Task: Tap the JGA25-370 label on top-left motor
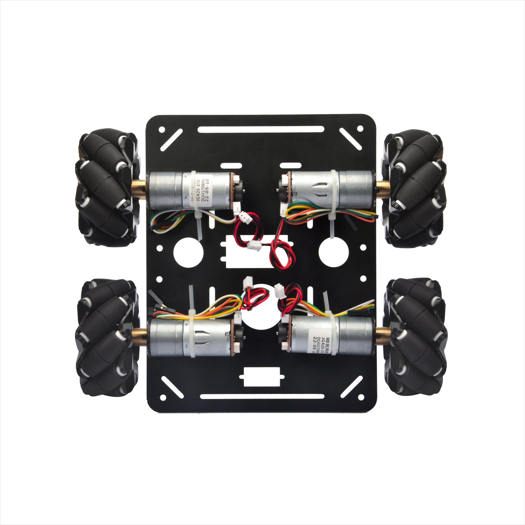pos(198,189)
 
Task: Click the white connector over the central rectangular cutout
pos(253,246)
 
